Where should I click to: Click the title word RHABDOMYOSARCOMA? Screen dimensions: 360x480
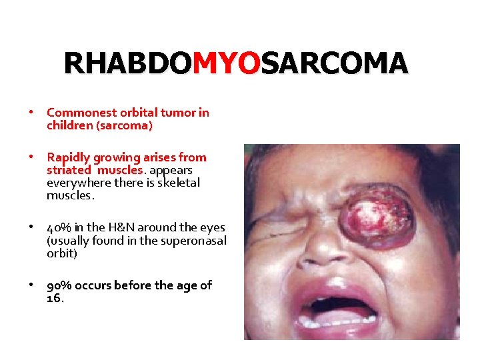click(x=235, y=63)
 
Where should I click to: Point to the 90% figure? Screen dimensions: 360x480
click(x=59, y=285)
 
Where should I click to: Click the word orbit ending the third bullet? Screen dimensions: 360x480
click(x=57, y=253)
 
